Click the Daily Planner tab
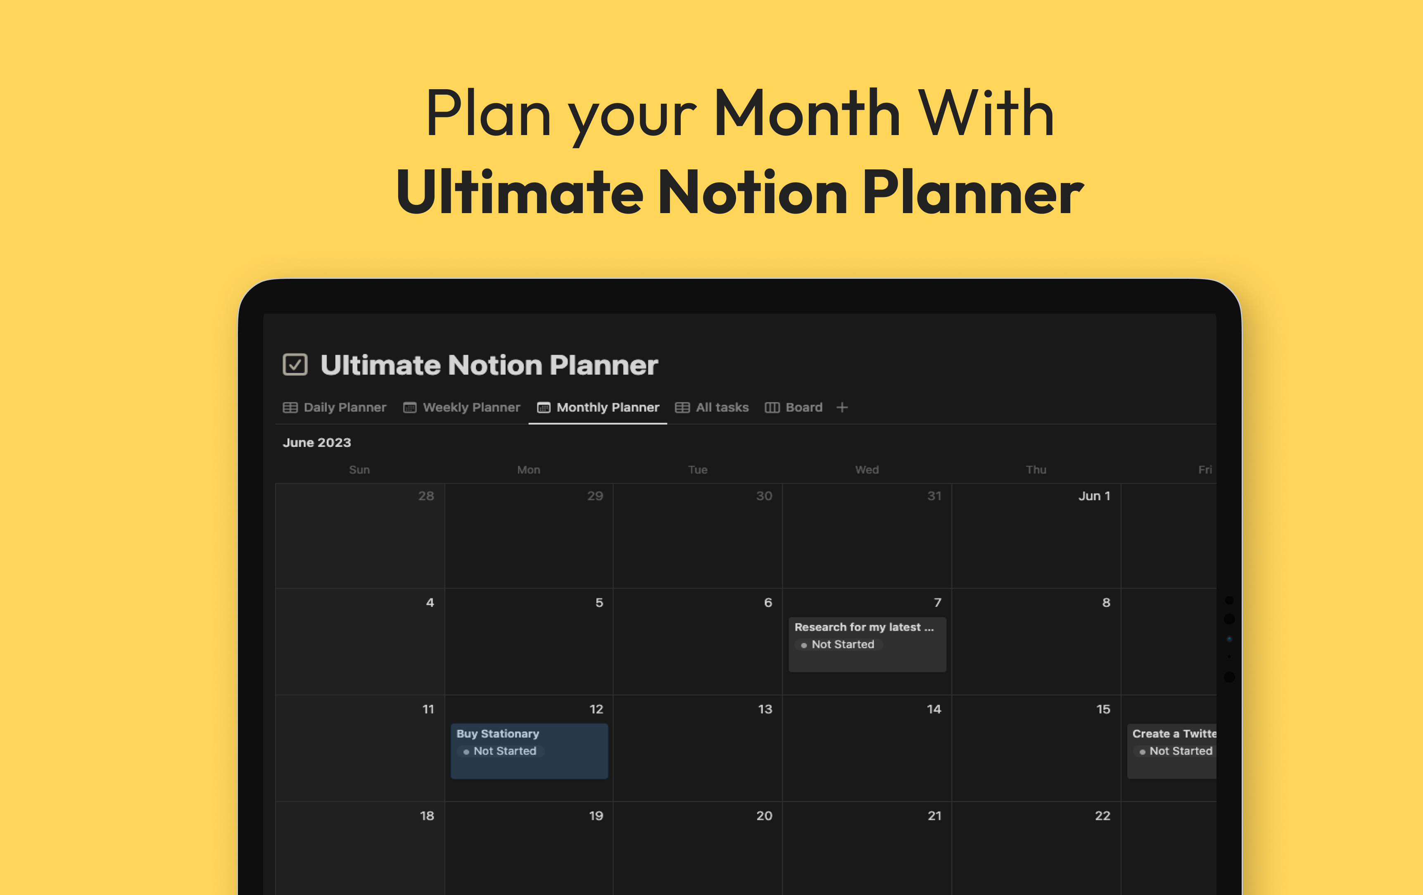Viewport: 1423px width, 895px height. (335, 408)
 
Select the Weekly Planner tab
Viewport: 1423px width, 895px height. (462, 408)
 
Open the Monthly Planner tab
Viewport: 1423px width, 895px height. (598, 408)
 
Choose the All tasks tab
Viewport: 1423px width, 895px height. (712, 408)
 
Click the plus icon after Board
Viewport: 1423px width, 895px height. (842, 408)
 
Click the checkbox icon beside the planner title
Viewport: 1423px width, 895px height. (295, 365)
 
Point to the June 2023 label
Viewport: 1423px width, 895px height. (317, 442)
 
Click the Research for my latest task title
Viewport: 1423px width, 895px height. (863, 627)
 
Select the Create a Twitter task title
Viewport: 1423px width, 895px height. (1174, 734)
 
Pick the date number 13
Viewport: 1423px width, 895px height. (765, 710)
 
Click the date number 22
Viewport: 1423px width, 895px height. (1102, 816)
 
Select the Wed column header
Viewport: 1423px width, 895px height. (867, 470)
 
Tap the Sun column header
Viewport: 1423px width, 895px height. (359, 470)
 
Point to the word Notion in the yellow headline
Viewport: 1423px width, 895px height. (752, 192)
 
